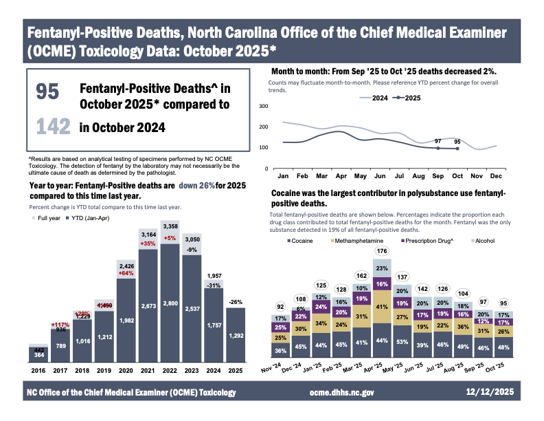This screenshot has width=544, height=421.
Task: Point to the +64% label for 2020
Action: [126, 273]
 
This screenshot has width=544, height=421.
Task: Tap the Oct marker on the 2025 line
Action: [457, 149]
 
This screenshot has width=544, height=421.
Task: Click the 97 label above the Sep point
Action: [438, 141]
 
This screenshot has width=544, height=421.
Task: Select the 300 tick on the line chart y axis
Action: [262, 106]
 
